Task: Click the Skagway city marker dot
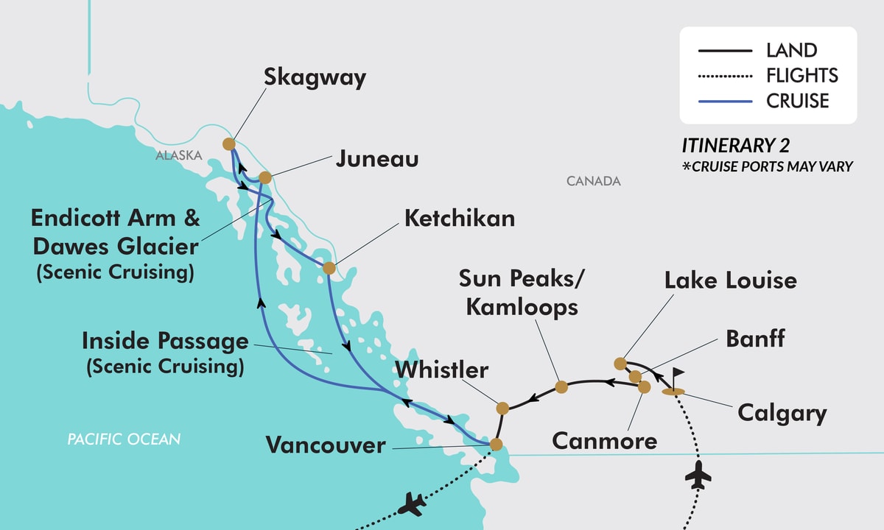[x=228, y=144]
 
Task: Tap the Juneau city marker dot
[x=265, y=177]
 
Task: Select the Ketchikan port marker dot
[x=329, y=268]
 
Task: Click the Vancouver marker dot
[x=496, y=445]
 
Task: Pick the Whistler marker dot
[x=502, y=408]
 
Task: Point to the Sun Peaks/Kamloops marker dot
[x=561, y=386]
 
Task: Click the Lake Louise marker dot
[x=620, y=363]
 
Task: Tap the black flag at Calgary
[x=677, y=374]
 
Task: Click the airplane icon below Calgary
[x=698, y=477]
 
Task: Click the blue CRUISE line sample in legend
[x=724, y=100]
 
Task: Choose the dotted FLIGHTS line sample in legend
[x=724, y=76]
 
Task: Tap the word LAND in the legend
[x=791, y=51]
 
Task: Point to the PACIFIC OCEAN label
[x=124, y=439]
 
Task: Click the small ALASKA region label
[x=178, y=155]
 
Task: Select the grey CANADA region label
[x=594, y=181]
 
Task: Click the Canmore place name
[x=604, y=442]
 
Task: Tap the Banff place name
[x=755, y=339]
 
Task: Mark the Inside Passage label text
[x=165, y=341]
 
